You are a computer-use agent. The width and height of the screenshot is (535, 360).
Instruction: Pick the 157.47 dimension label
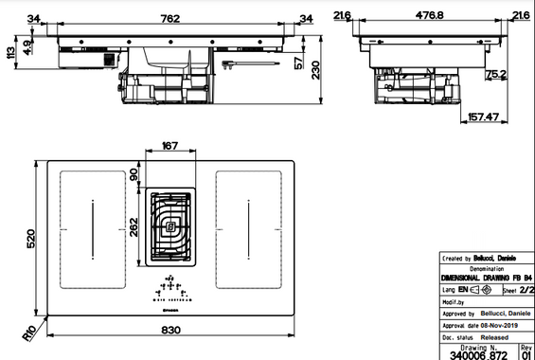pos(483,117)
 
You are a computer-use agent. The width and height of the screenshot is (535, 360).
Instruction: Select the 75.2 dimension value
pos(492,76)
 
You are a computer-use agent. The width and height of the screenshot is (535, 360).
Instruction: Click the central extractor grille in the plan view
pos(171,225)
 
